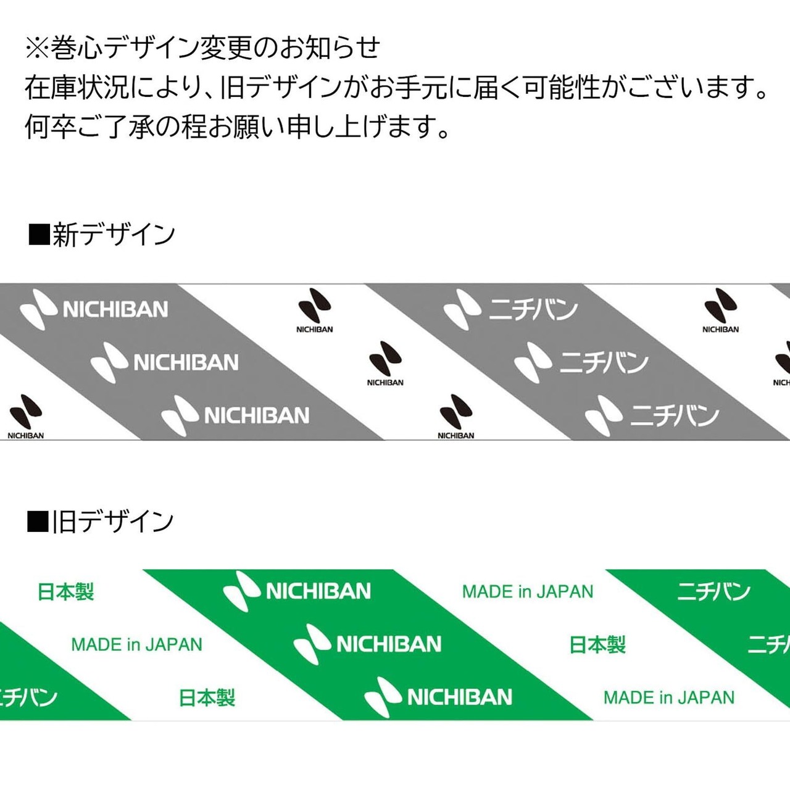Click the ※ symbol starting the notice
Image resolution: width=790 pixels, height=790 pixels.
coord(36,48)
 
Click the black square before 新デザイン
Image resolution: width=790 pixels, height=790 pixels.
coord(39,235)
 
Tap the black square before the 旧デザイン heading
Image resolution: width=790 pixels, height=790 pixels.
coord(38,522)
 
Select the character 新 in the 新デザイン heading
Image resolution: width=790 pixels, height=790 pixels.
coord(65,235)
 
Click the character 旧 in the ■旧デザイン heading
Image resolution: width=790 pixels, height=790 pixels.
coord(64,522)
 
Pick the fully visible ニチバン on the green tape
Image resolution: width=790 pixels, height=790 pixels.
coord(713,591)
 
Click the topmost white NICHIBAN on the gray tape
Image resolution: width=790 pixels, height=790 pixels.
coord(115,309)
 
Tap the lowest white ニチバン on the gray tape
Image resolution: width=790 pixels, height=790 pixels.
coord(674,415)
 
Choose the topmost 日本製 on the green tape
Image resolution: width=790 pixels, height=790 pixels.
coord(65,592)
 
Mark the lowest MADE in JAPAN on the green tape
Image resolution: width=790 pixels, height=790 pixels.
coord(669,697)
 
